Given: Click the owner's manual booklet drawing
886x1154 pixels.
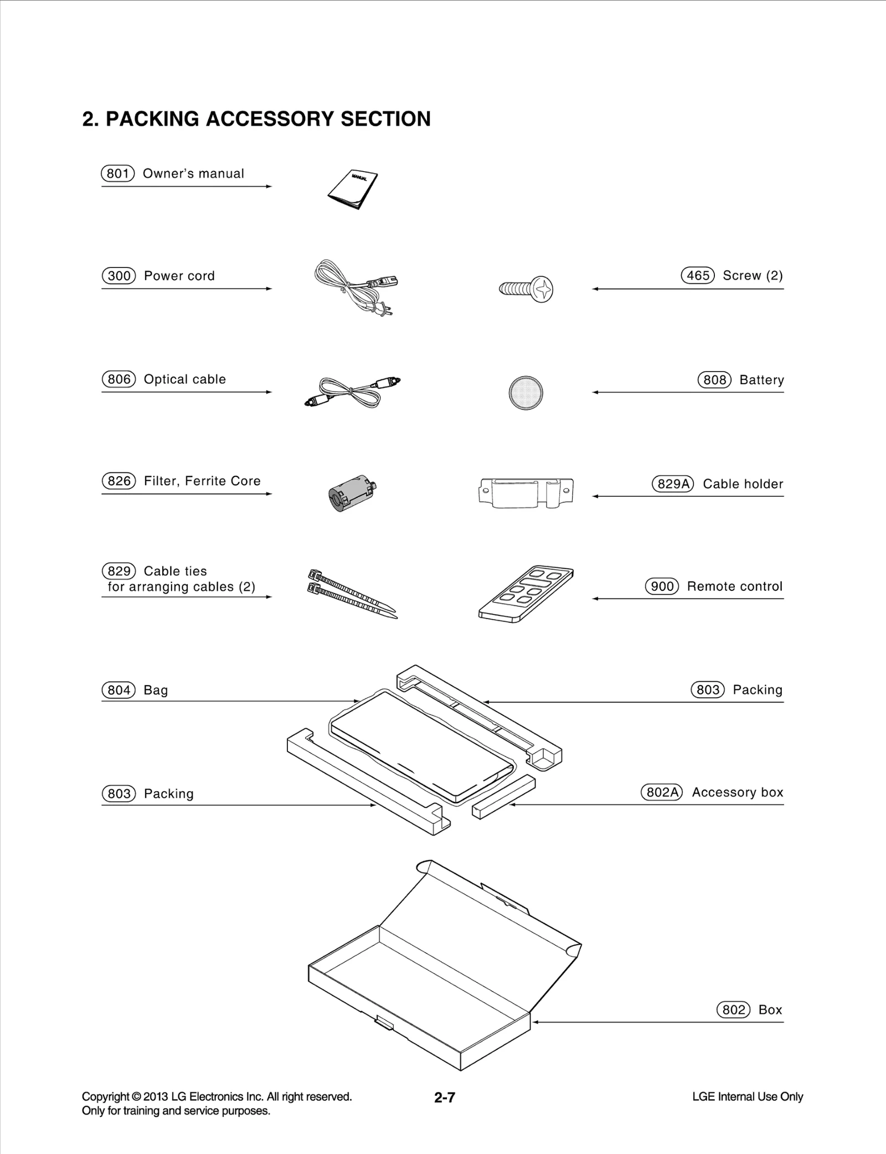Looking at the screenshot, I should [x=353, y=188].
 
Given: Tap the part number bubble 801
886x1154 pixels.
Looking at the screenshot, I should [x=118, y=173].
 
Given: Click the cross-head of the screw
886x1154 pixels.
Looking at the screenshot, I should [x=543, y=289].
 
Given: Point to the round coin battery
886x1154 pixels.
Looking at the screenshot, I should [x=526, y=393].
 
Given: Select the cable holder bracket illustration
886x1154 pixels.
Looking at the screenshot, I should [x=526, y=492].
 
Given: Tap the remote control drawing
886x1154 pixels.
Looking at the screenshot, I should [x=526, y=594].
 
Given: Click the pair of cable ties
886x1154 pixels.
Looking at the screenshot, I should [x=351, y=593].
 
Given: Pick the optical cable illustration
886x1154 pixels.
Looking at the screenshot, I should [x=352, y=391].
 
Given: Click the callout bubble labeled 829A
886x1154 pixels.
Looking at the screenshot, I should [x=672, y=484].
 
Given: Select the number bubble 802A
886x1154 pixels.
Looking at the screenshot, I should [x=661, y=792].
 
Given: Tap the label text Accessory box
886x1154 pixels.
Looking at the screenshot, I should [x=737, y=792].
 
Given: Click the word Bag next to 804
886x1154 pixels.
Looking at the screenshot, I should [x=156, y=690].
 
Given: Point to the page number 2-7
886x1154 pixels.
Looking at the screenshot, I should [x=444, y=1097].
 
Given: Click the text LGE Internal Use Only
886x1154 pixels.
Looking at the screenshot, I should [x=747, y=1096].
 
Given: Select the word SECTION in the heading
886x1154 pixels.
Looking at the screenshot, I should [x=385, y=119].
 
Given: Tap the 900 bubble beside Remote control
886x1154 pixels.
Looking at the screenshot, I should [x=662, y=586].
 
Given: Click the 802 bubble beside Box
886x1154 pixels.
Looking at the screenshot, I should [x=733, y=1009].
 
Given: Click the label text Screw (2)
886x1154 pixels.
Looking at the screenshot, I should [x=753, y=275].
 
